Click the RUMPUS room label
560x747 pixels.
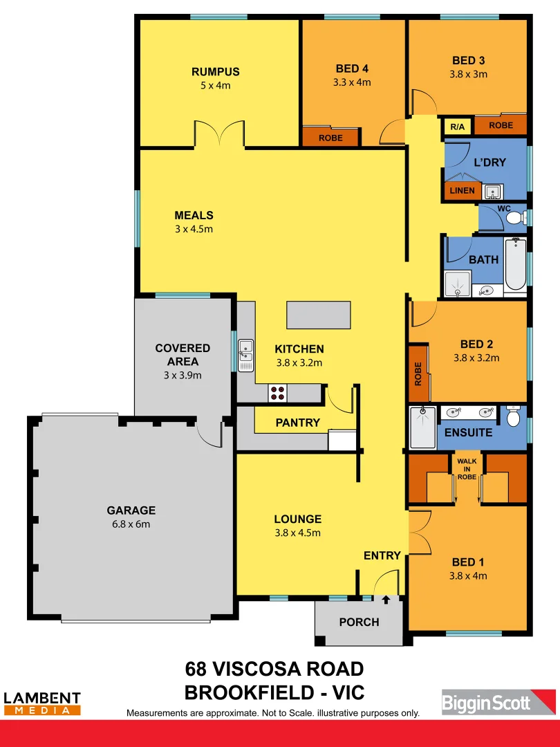(x=216, y=72)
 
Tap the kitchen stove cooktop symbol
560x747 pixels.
(x=278, y=393)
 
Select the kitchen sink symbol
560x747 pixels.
(x=245, y=356)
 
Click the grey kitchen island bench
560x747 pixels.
(x=319, y=315)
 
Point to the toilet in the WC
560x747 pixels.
(x=513, y=219)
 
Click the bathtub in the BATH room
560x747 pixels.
(x=515, y=265)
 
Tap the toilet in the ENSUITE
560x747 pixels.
(x=513, y=417)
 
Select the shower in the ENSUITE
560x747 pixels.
(x=422, y=427)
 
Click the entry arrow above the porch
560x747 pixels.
(x=386, y=600)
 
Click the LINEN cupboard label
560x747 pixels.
(x=462, y=190)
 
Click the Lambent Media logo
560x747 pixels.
(x=42, y=703)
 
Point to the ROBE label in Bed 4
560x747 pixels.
(x=330, y=138)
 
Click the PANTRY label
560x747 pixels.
(x=297, y=423)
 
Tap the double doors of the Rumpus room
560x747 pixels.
(x=219, y=133)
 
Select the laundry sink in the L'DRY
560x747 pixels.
(x=492, y=191)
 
